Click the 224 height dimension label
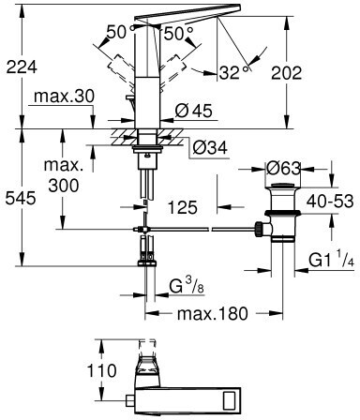pos(22,67)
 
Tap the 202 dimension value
pos(287,73)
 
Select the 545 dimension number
pos(21,198)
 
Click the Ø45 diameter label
pos(193,111)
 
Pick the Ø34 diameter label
pos(210,147)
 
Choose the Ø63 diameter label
pos(283,169)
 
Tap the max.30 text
pos(64,97)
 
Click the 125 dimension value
pos(183,207)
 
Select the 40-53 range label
pos(330,202)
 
